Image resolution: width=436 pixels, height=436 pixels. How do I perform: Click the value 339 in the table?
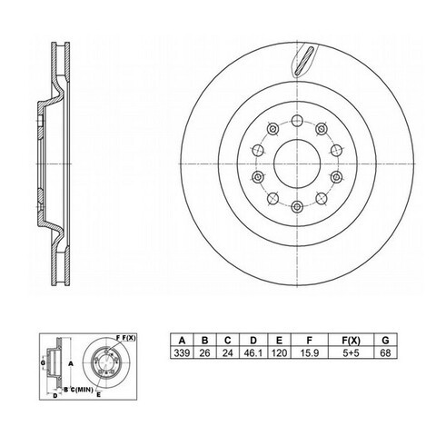(182, 352)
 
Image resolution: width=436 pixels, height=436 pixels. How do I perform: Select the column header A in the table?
(182, 341)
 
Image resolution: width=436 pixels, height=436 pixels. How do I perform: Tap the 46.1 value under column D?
(253, 352)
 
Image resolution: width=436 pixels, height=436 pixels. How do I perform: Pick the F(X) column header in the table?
(351, 341)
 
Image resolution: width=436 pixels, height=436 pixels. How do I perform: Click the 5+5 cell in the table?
(351, 352)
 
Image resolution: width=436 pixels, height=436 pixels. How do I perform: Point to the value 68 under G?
(385, 352)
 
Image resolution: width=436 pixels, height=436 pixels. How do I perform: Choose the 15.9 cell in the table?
(309, 352)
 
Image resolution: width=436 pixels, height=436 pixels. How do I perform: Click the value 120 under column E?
(279, 352)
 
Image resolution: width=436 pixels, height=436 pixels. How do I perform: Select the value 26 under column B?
(204, 352)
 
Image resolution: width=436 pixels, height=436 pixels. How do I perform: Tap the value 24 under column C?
(228, 352)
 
